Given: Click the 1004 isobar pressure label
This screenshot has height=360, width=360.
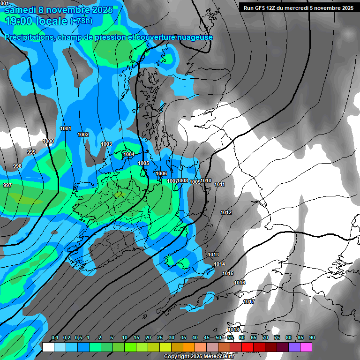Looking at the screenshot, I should tap(129, 154).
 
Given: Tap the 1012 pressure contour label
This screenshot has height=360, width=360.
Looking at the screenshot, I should tap(226, 212).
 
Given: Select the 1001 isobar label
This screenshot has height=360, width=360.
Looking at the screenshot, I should tap(66, 128).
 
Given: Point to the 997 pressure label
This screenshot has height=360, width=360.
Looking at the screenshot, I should tap(7, 185).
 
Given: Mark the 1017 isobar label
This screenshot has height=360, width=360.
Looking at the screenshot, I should tap(249, 301).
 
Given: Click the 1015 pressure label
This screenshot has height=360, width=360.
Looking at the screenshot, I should tap(228, 273).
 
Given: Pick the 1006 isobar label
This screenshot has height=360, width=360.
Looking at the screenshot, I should tap(161, 173).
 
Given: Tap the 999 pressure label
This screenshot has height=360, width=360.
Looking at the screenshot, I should tap(31, 152).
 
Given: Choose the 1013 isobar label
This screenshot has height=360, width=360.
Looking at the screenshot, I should tap(213, 255).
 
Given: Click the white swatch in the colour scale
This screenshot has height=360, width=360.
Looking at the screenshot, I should tap(48, 347).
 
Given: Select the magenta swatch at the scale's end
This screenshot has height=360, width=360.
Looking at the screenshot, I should tap(306, 347).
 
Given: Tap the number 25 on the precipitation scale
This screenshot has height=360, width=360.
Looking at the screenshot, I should tap(160, 337).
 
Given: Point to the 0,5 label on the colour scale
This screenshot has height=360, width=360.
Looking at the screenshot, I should tap(78, 337).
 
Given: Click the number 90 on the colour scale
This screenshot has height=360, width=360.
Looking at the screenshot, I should tap(312, 337).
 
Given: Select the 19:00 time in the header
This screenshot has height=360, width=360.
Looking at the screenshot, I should tap(21, 21).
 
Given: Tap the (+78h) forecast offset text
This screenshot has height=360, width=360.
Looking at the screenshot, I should tap(81, 21).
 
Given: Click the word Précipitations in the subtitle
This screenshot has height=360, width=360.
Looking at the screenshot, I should tap(29, 37).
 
